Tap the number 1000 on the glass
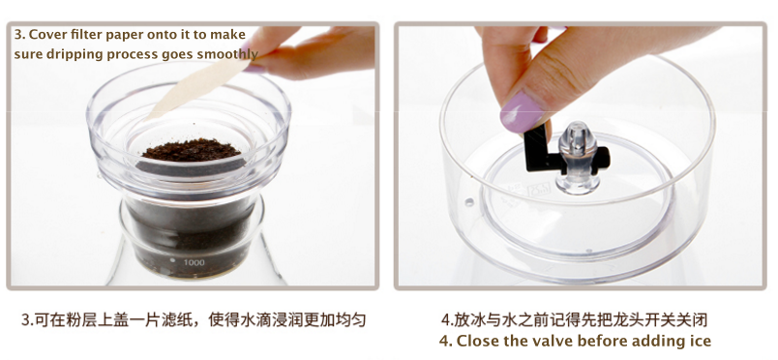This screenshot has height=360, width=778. click(x=194, y=262)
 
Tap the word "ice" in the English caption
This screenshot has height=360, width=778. click(x=700, y=342)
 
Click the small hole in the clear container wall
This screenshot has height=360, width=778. click(x=469, y=202)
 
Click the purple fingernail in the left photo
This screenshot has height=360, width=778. click(x=254, y=69)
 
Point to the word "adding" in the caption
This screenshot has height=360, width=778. click(x=660, y=342)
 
